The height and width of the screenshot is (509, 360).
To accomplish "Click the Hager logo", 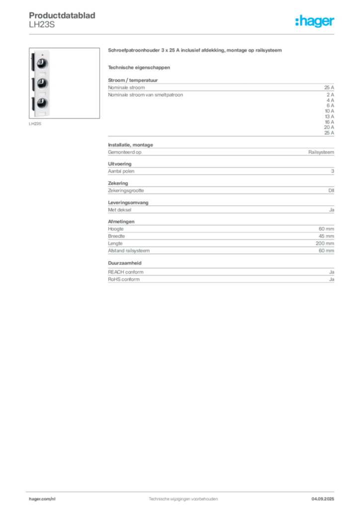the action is [x=315, y=21].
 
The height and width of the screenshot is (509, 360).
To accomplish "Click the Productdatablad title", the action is [x=62, y=15].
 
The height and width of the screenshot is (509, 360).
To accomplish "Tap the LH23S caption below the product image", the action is [x=35, y=124].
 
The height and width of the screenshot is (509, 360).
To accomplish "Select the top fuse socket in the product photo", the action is [x=42, y=63].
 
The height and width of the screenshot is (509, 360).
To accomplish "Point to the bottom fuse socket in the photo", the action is [x=42, y=103].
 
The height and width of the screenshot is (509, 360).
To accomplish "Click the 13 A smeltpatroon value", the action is [x=330, y=116].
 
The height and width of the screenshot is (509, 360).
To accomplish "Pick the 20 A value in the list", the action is [x=329, y=127].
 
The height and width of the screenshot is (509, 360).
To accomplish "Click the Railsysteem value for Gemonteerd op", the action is [x=321, y=152].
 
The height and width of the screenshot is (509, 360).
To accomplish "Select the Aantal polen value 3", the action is [x=333, y=171].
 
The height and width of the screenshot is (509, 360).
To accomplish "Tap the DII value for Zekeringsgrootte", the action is [x=331, y=190].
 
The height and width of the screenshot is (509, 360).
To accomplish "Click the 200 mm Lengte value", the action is [x=325, y=244].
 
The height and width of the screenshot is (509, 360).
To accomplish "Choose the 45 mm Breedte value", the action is [x=326, y=236].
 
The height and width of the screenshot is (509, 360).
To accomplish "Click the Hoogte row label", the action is [x=115, y=229].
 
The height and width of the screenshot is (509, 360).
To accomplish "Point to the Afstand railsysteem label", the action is [x=129, y=251].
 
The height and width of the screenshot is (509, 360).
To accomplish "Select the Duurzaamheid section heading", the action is [x=125, y=263].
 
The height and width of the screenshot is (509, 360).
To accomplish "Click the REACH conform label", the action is [x=126, y=272].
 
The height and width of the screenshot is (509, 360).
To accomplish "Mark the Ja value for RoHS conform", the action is [x=332, y=279].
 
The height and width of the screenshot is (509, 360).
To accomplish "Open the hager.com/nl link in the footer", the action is [x=42, y=499].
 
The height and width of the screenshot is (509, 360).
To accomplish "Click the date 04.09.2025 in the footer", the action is [x=323, y=499].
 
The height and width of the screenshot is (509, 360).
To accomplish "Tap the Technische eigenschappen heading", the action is [x=139, y=68].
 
